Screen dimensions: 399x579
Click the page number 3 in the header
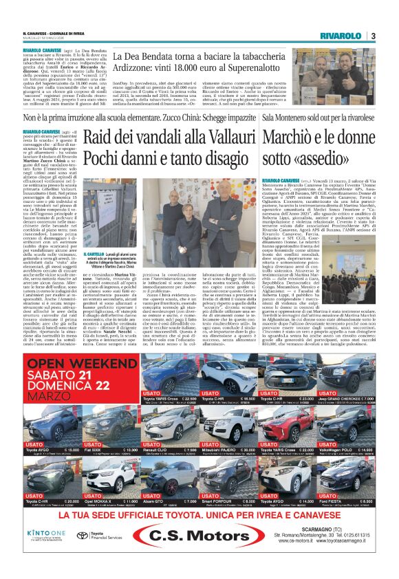(372, 36)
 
